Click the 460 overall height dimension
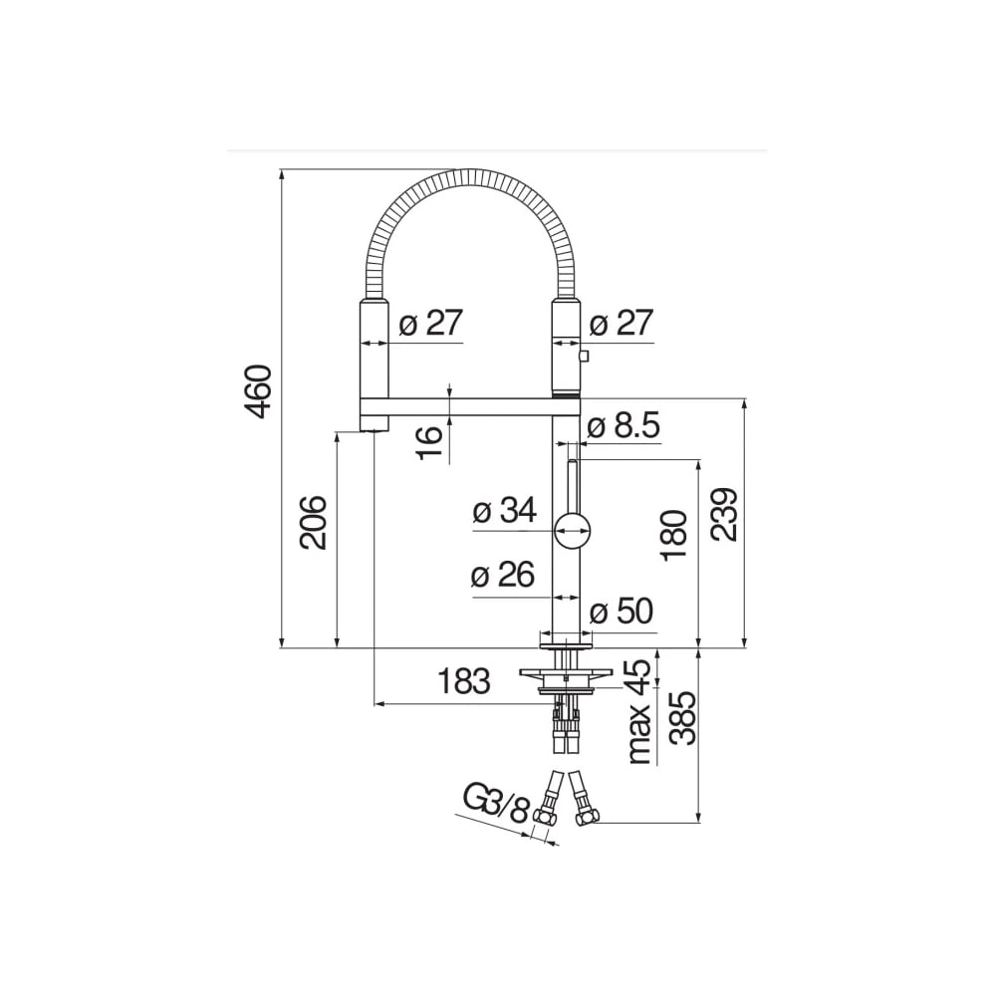pos(259,391)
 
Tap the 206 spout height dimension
pos(314,523)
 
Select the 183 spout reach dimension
pos(464,681)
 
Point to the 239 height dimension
pos(724,514)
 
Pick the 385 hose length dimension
pos(685,718)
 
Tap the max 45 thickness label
pos(640,711)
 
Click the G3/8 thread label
pos(496,803)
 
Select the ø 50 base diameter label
pos(622,612)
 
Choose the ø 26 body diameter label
pos(503,575)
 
